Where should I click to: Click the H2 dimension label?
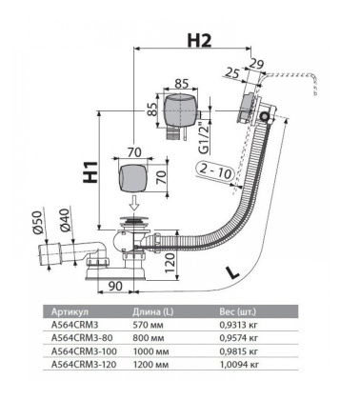199,40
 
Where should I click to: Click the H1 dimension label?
90,172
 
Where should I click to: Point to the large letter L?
232,272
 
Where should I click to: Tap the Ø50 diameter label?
39,223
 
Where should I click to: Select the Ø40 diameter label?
64,220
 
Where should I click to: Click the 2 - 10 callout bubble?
215,173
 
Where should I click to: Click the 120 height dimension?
170,263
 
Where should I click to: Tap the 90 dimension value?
115,286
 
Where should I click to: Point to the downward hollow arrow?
134,204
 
